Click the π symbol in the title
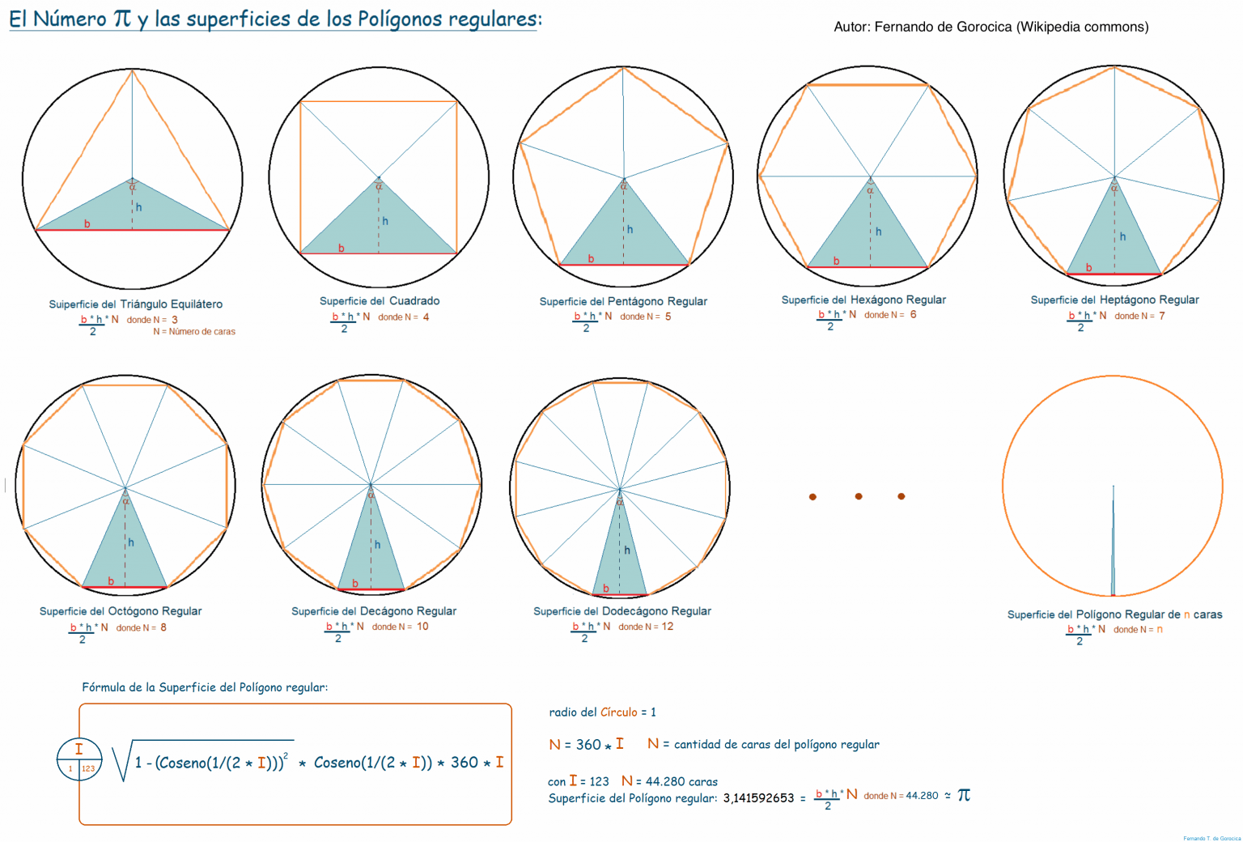coord(122,18)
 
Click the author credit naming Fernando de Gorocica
coord(991,27)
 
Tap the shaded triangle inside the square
coord(379,228)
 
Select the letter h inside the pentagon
coord(630,229)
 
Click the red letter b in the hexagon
coord(836,261)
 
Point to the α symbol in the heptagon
coord(1114,188)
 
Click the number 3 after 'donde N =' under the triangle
coord(174,320)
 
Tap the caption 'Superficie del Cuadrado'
coord(380,301)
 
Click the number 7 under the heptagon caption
coord(1162,316)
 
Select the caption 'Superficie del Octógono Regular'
coord(121,611)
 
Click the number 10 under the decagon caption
coord(422,627)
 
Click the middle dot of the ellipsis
coord(859,496)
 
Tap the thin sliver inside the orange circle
coord(1113,551)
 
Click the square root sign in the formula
coord(122,762)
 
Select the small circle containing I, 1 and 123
coord(79,759)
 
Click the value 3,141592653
coord(758,798)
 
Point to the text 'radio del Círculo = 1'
coord(602,712)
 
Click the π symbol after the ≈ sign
coord(963,795)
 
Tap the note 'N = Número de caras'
coord(194,332)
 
